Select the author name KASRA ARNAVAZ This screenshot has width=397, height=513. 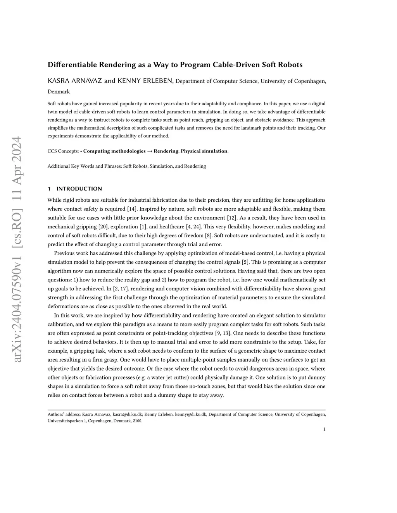pyautogui.click(x=75, y=81)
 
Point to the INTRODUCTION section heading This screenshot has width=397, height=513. pyautogui.click(x=79, y=189)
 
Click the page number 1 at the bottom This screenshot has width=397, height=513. pyautogui.click(x=324, y=429)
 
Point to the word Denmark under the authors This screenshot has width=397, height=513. pyautogui.click(x=59, y=92)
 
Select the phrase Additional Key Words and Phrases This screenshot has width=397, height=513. pyautogui.click(x=84, y=166)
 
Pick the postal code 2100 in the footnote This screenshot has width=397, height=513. pyautogui.click(x=137, y=421)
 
